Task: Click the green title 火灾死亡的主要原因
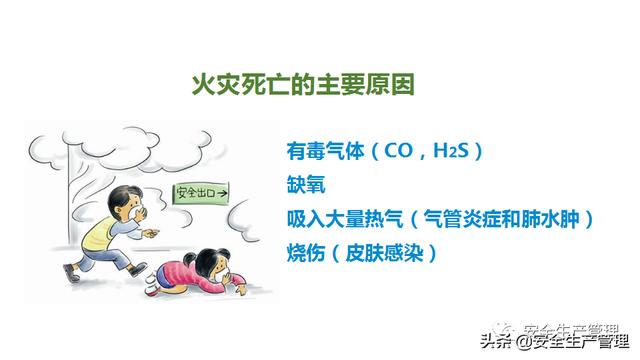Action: [303, 85]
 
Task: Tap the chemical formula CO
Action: [398, 151]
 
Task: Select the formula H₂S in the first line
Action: [451, 151]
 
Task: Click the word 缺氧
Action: [306, 185]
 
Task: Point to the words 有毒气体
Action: [325, 151]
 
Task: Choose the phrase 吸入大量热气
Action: [345, 219]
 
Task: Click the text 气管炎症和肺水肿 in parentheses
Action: [502, 219]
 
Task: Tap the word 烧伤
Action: [306, 253]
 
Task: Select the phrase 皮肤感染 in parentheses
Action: [384, 253]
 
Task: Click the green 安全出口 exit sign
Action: [201, 194]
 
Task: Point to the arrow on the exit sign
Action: [222, 193]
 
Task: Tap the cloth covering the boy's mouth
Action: [137, 212]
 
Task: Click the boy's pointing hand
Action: [150, 233]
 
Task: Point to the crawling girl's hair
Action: [204, 260]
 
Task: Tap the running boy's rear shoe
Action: [71, 273]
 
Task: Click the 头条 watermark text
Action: [496, 341]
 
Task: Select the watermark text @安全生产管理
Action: [571, 341]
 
